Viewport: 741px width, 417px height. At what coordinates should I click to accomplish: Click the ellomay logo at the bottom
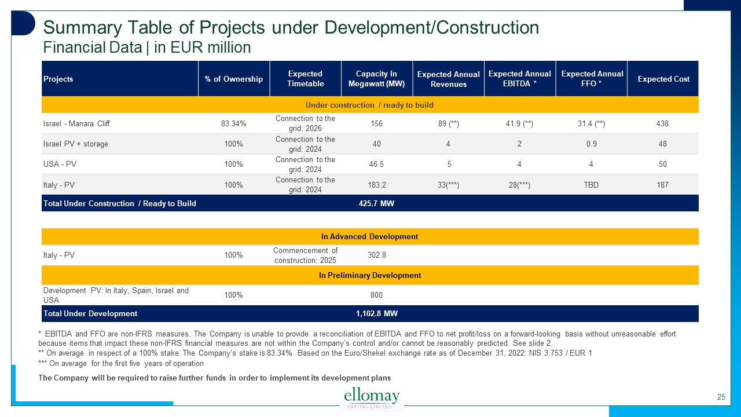372,398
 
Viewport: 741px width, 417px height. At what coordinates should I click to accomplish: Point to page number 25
721,397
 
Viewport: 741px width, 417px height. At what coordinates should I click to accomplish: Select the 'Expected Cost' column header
663,79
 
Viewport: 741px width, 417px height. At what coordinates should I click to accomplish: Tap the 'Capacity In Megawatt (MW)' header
376,79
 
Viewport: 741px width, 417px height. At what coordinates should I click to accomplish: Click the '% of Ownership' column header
233,79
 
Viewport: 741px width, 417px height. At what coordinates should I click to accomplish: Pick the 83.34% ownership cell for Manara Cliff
233,123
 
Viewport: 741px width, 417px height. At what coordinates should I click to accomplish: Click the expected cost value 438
663,123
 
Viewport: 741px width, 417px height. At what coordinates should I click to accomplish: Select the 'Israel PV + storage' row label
75,144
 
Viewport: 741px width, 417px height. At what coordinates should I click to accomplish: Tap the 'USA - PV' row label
60,164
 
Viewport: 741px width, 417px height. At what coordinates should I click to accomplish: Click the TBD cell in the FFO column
591,185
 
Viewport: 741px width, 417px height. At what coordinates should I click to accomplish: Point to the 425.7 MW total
376,203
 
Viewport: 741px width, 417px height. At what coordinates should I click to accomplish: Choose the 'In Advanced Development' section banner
369,236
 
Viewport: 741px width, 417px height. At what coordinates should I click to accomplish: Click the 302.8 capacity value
376,255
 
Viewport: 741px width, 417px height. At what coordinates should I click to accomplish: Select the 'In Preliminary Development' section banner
369,275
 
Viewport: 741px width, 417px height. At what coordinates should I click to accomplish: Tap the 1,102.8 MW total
376,313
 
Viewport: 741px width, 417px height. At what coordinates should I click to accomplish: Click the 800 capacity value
376,295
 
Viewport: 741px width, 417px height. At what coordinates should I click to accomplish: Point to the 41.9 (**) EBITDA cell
519,123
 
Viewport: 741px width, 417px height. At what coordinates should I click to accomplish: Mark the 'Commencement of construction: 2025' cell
305,255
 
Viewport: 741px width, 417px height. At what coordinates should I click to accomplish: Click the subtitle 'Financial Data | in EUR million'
147,47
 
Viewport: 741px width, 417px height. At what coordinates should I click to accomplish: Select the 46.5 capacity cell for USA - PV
376,164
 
